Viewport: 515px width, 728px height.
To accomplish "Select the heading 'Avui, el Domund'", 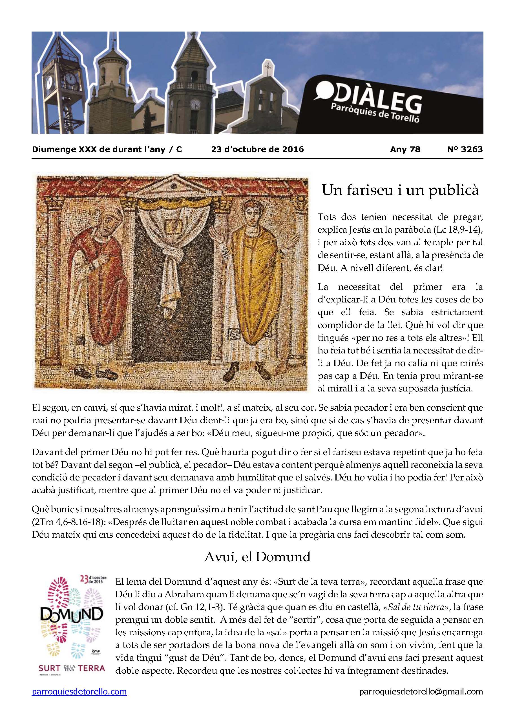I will pos(257,557).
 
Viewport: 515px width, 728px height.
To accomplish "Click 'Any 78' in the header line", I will pos(405,149).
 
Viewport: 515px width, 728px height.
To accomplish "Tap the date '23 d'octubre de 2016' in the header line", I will pos(257,149).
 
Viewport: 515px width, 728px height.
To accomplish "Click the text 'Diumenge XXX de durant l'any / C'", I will pos(107,149).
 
